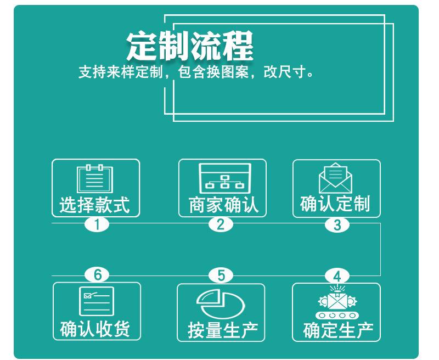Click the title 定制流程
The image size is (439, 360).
tap(189, 46)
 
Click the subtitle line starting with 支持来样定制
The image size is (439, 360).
tap(196, 72)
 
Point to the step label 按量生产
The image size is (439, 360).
tap(222, 330)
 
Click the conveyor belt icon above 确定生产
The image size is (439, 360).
tap(336, 303)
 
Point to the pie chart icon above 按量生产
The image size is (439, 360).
tap(221, 303)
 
